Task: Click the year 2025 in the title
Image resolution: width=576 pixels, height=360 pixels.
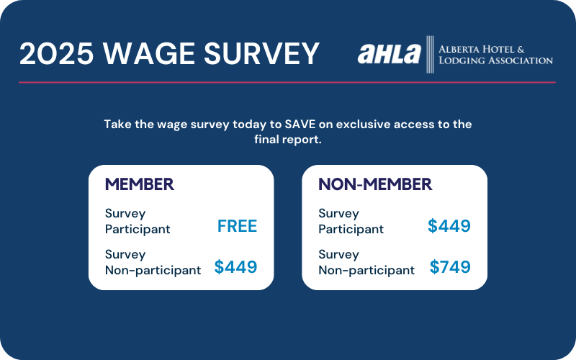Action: (56, 53)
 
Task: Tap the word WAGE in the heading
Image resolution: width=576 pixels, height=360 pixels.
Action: (148, 53)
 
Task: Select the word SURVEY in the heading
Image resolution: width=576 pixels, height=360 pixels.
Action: (261, 53)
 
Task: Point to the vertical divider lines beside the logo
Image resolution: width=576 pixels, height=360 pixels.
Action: (430, 55)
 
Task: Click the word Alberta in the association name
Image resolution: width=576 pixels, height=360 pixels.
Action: (459, 49)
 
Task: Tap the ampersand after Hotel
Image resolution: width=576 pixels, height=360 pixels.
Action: (521, 49)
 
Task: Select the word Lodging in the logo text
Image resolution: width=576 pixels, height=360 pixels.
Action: (462, 60)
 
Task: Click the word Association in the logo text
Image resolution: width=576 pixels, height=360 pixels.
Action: (520, 60)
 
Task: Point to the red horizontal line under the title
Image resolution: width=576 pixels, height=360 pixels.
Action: (287, 83)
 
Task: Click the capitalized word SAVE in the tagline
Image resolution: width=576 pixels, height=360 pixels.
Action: (300, 124)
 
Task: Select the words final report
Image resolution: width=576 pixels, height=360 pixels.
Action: (288, 140)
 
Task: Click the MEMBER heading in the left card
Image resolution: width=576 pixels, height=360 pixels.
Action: (140, 184)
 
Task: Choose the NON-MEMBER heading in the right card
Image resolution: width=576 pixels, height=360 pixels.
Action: (375, 184)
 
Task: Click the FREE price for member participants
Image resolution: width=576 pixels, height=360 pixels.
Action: (237, 226)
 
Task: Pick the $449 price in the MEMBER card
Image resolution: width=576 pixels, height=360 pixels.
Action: (235, 267)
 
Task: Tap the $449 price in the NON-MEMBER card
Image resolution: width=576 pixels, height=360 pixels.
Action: (449, 226)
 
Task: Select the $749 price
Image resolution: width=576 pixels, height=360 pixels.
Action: (450, 267)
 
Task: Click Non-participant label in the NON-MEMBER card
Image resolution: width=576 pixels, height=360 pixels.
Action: (366, 271)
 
